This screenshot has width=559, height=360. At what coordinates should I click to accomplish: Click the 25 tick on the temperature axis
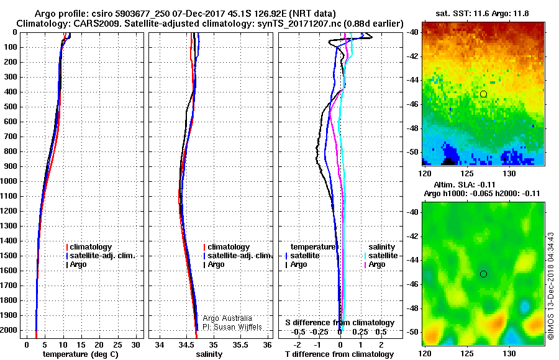[117, 345]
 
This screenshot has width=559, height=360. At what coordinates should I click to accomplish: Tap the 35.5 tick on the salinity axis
[240, 345]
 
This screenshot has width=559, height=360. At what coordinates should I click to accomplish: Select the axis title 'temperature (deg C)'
[81, 354]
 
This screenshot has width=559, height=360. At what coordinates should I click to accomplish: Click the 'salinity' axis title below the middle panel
[209, 354]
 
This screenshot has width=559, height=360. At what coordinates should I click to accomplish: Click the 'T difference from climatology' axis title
[339, 354]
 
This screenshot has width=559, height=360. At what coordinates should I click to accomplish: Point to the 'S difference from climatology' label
[340, 323]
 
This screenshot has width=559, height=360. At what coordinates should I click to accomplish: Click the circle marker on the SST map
[483, 94]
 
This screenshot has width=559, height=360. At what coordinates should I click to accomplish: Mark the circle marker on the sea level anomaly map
[483, 274]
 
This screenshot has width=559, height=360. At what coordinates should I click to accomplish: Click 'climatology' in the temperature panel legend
[91, 247]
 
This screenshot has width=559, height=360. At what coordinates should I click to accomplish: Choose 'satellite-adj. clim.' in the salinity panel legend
[240, 256]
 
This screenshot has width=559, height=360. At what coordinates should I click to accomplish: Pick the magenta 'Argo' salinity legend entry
[377, 264]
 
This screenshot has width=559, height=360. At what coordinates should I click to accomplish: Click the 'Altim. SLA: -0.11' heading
[464, 184]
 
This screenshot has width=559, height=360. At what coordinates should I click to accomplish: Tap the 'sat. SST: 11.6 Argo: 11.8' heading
[482, 14]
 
